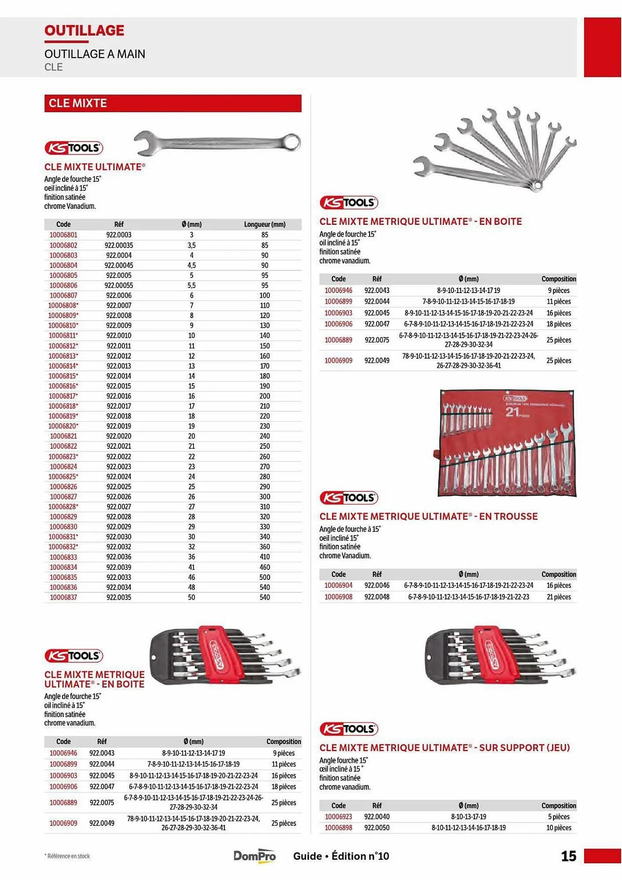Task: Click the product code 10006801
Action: pos(63,235)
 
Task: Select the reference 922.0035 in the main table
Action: pos(119,597)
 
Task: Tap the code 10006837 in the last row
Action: pos(63,597)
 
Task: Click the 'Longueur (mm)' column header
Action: pos(264,224)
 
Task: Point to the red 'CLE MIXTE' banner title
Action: pos(78,103)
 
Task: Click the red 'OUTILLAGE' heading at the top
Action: pos(84,30)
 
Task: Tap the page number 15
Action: pos(568,856)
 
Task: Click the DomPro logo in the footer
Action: pos(255,856)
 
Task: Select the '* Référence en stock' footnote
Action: pos(67,856)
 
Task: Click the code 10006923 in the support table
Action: pos(338,817)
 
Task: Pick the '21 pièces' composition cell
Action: pos(559,597)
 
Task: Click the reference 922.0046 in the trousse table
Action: pos(377,585)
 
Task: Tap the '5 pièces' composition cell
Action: pos(559,817)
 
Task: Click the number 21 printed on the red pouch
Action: pos(512,412)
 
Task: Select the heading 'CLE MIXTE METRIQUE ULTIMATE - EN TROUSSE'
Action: pos(428,516)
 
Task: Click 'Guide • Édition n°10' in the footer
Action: pos(341,856)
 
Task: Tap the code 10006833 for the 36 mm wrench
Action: pos(63,557)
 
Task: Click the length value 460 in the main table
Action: pos(264,567)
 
